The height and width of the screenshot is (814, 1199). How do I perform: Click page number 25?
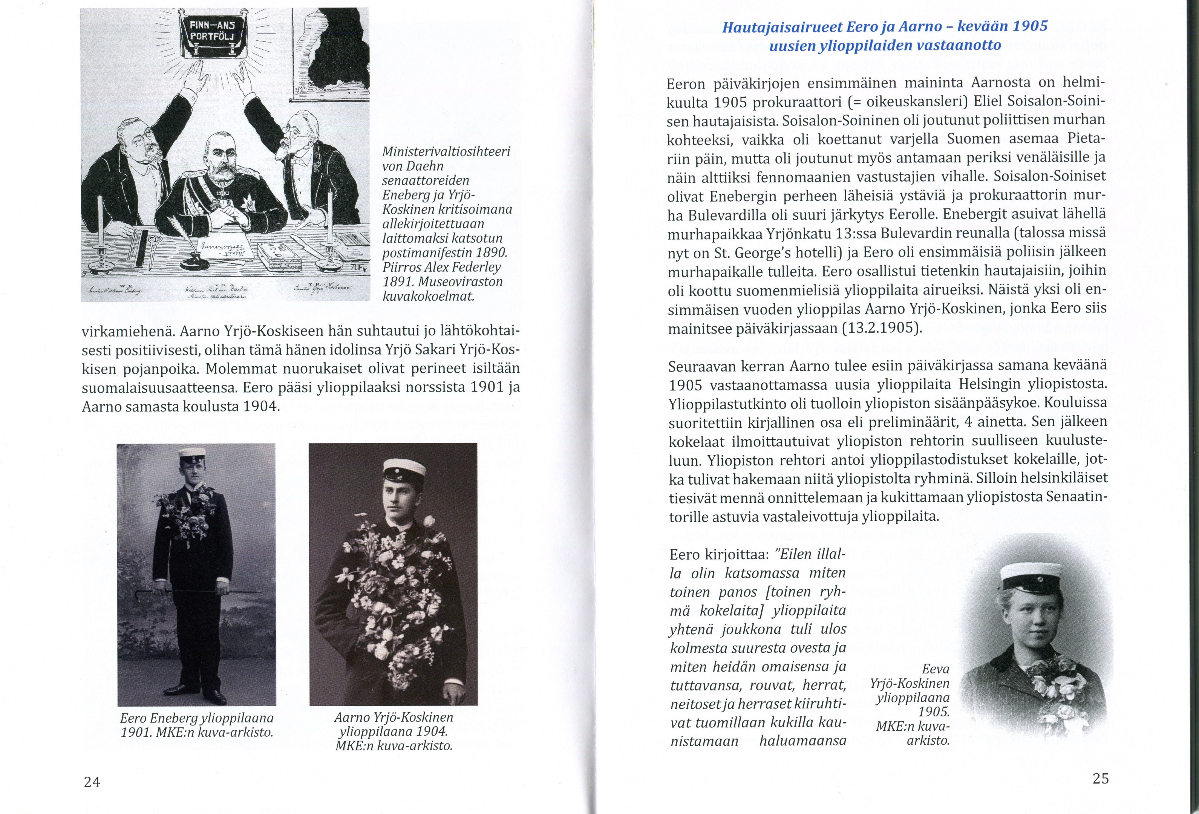1101,779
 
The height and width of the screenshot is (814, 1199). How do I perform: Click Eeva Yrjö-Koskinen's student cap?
1031,577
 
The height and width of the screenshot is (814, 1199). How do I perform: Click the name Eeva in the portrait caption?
936,669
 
